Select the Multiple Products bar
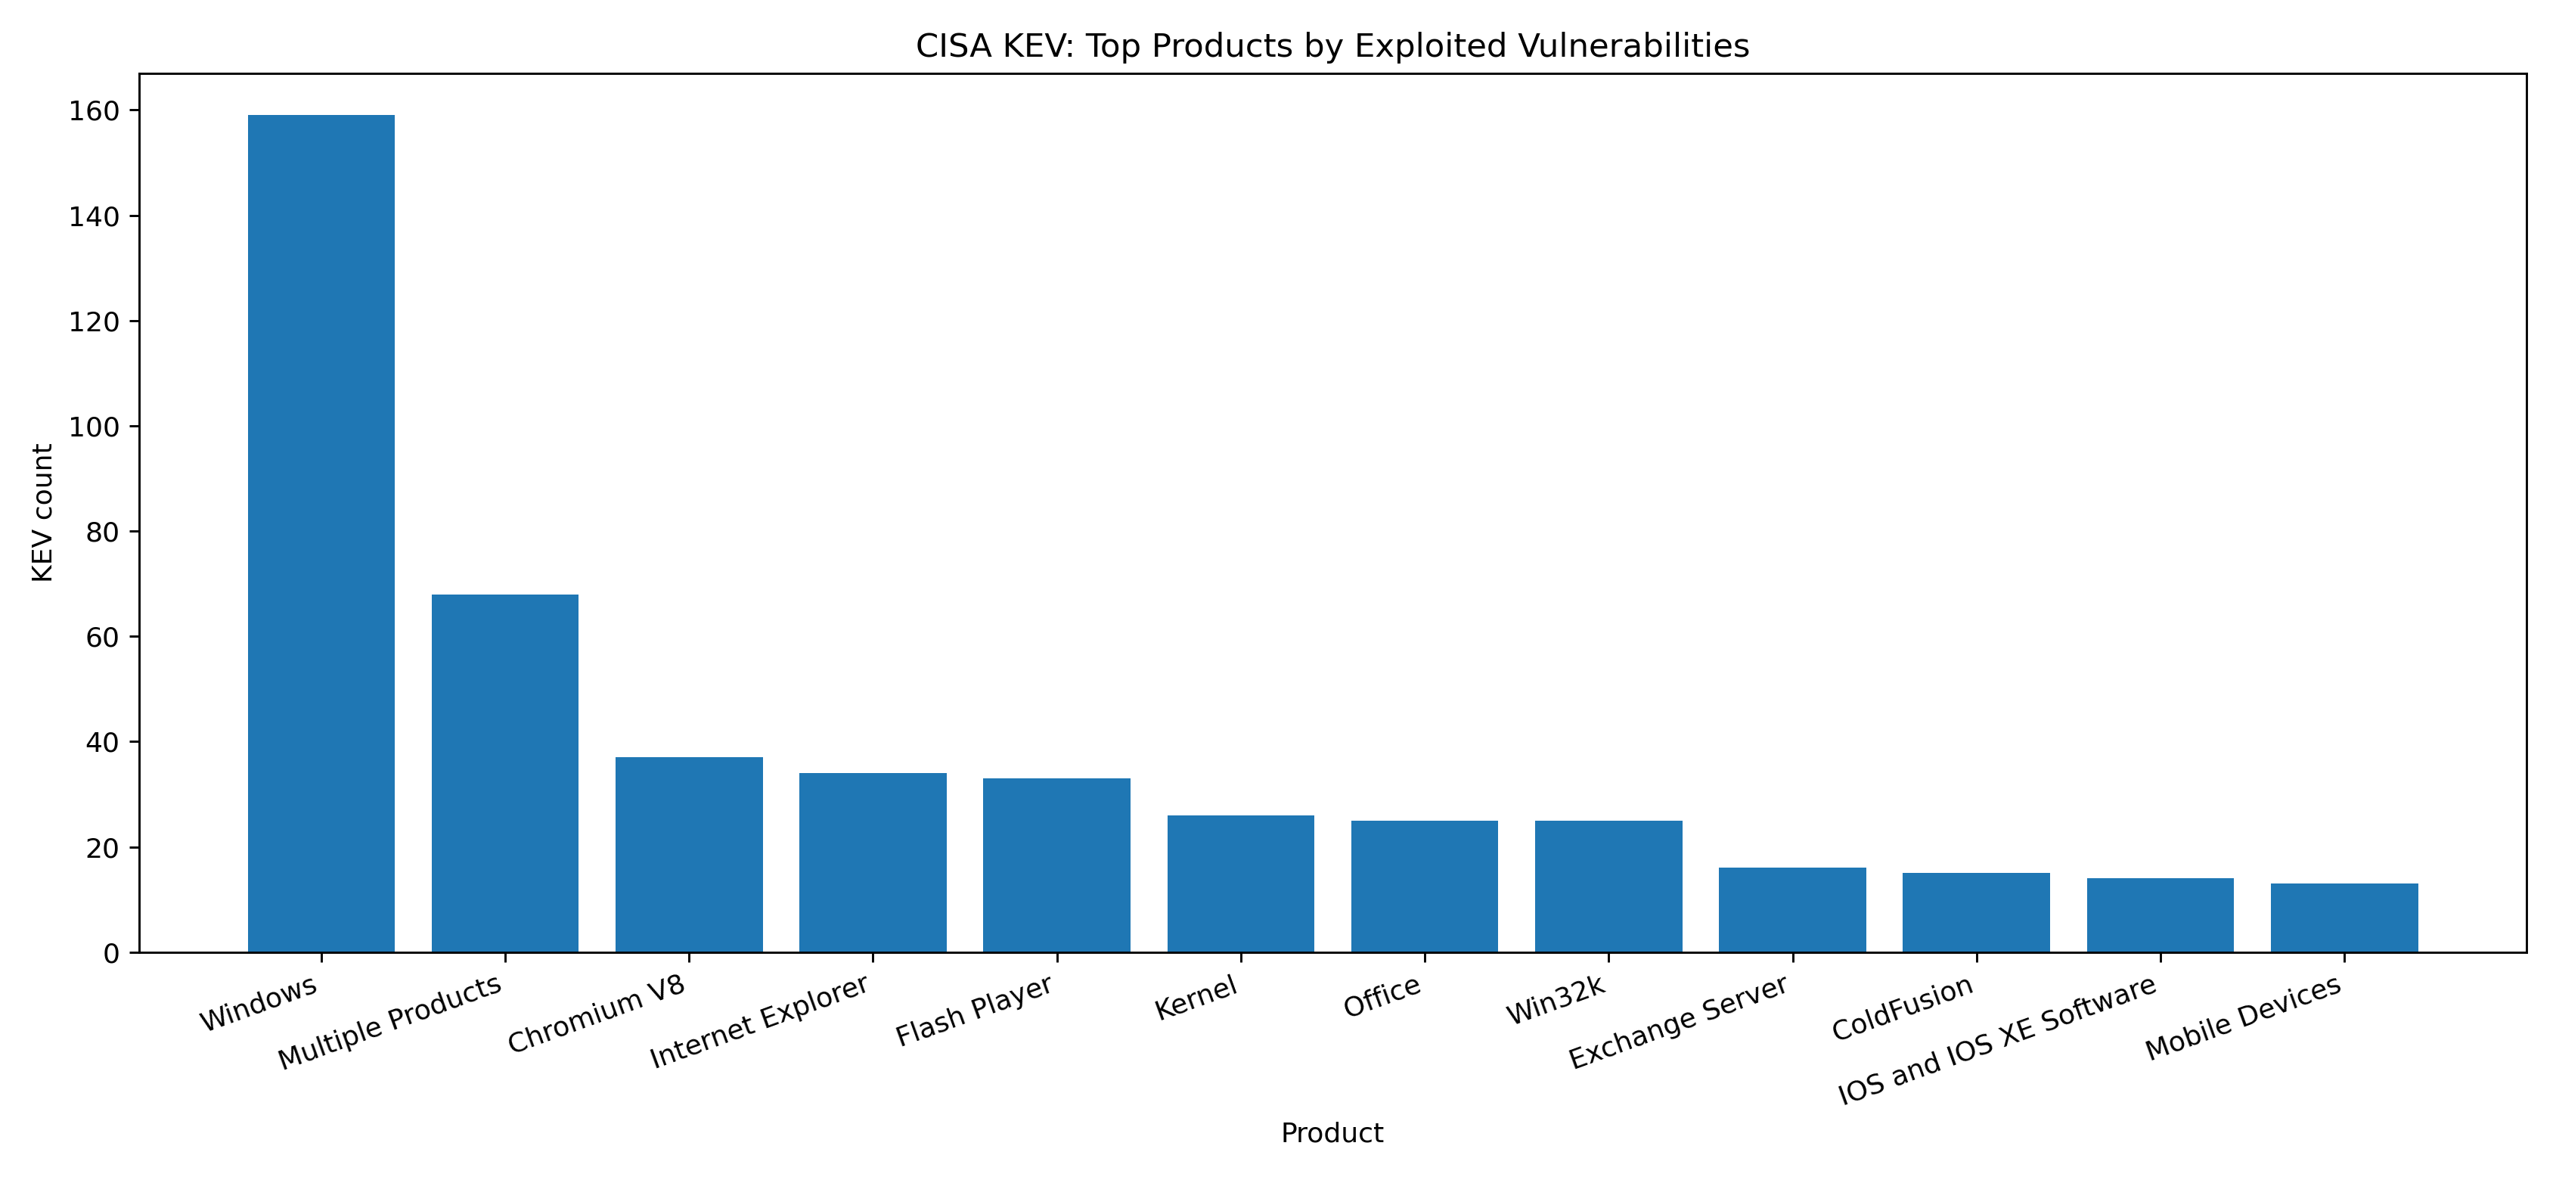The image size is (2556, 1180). pos(504,773)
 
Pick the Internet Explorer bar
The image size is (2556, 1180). pos(872,862)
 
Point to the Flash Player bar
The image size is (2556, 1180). pos(1056,865)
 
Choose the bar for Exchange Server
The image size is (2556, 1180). pos(1792,910)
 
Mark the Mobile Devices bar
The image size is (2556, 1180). pos(2344,918)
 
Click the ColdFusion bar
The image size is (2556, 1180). pos(1975,913)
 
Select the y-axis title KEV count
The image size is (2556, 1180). pos(42,512)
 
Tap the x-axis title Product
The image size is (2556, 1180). pos(1332,1133)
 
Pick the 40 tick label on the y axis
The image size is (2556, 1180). pos(101,742)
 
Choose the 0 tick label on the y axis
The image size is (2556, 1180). pos(110,954)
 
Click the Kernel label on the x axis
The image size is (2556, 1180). pos(1196,998)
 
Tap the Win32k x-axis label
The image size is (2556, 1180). pos(1556,1001)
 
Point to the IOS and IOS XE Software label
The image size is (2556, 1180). pos(1996,1040)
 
